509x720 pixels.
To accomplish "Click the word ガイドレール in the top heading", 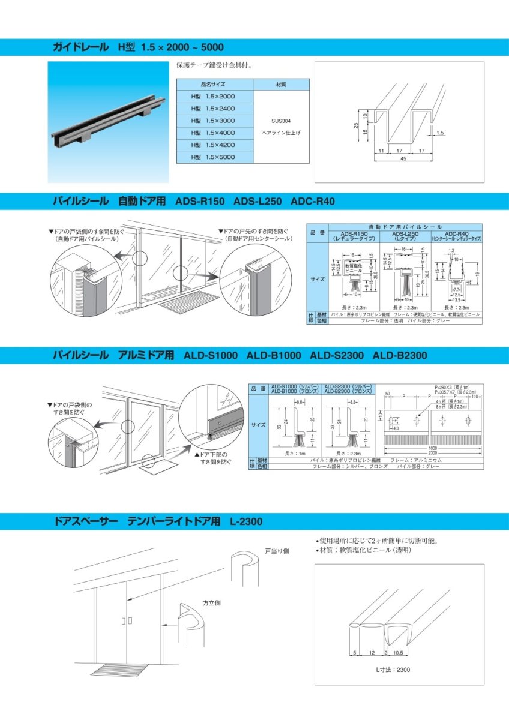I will point(81,47).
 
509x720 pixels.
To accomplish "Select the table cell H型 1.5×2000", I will point(214,96).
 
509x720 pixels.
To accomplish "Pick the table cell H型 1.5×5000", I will point(214,157).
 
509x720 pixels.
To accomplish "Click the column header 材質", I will point(281,85).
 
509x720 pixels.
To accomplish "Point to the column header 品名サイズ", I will point(214,85).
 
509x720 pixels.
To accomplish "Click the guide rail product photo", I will point(108,121).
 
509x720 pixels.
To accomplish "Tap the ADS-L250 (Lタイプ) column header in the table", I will point(405,236).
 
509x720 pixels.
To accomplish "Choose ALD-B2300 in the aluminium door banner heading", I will point(400,356).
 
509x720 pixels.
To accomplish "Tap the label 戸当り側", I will point(276,551).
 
